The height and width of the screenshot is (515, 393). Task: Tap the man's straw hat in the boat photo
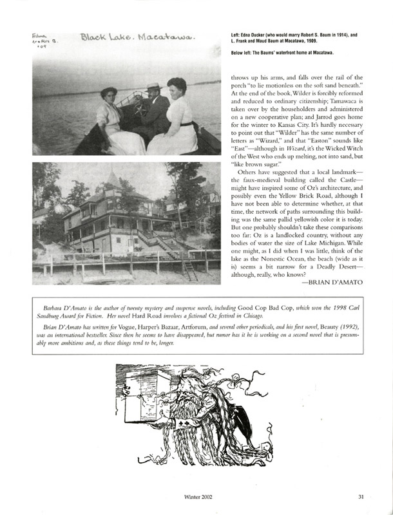tap(151, 86)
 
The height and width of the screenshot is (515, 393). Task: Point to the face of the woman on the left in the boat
tap(109, 95)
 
